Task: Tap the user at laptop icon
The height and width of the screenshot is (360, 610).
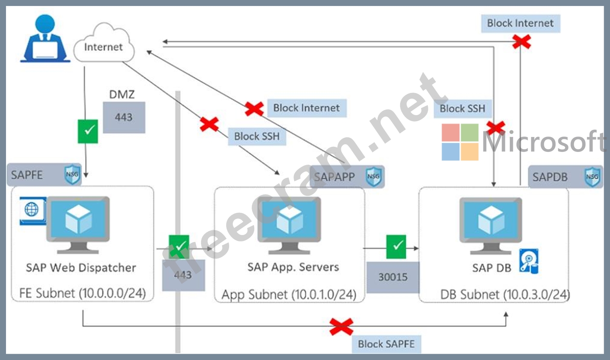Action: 45,39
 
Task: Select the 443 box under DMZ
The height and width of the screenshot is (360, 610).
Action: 124,117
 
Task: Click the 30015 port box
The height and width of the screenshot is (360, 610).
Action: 393,277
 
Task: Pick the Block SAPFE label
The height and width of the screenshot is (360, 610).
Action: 386,344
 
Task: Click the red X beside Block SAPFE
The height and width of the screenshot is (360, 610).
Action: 341,327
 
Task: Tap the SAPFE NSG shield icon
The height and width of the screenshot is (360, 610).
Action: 72,174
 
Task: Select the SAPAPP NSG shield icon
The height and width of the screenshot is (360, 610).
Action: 373,176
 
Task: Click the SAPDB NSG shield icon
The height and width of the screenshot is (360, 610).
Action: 592,177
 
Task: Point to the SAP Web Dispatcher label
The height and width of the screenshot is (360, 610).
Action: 81,268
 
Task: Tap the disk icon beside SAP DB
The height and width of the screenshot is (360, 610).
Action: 529,261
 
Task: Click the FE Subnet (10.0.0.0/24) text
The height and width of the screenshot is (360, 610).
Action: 83,293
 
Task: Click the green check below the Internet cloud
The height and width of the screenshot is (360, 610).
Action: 88,131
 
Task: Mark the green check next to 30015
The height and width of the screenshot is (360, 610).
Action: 396,247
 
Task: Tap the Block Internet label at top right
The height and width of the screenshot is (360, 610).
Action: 520,23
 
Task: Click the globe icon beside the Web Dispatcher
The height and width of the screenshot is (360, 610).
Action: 32,210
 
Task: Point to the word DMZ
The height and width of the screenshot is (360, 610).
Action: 122,94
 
